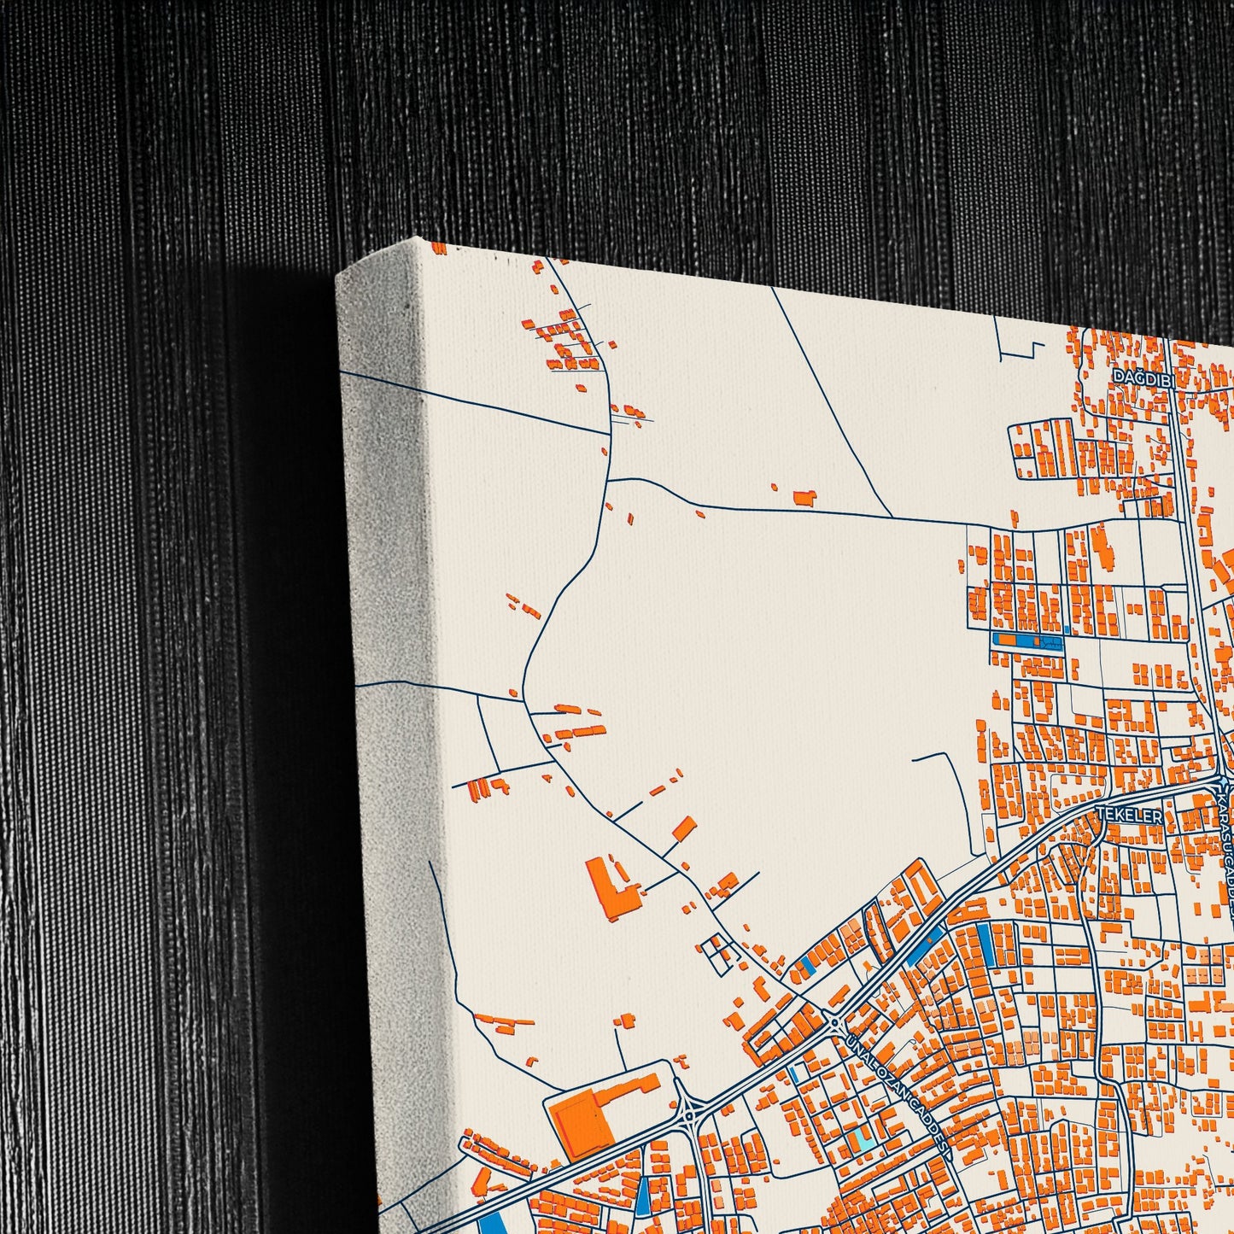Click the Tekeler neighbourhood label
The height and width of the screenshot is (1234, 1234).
pos(1129,816)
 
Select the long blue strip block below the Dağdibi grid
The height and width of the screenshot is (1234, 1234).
pos(1027,640)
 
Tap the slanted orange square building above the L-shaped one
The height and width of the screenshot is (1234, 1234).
pos(684,828)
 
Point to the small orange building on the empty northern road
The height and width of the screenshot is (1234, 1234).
pos(804,497)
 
